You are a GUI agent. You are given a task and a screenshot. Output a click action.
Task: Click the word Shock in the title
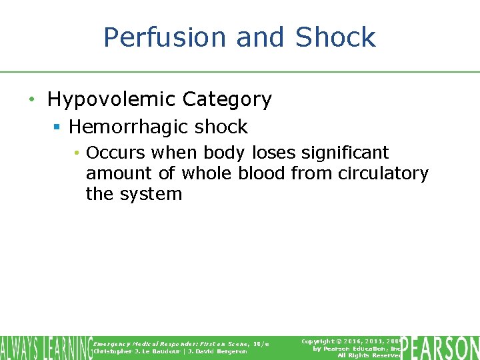pyautogui.click(x=335, y=37)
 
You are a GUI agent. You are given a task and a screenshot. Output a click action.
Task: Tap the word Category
pyautogui.click(x=227, y=99)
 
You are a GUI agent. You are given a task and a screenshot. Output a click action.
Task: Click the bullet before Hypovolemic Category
pyautogui.click(x=31, y=100)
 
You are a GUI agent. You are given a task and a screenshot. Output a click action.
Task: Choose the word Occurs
pyautogui.click(x=115, y=153)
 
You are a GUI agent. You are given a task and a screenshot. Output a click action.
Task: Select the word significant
pyautogui.click(x=345, y=153)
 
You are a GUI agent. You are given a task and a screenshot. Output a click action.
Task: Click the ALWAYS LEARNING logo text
pyautogui.click(x=45, y=347)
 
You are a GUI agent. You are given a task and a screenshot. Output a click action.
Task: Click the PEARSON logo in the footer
pyautogui.click(x=441, y=347)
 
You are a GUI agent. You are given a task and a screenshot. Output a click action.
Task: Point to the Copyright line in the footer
pyautogui.click(x=350, y=341)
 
